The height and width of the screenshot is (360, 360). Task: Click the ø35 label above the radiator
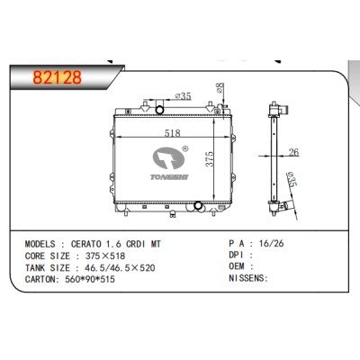[x=183, y=96]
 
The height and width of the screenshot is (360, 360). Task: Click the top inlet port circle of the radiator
[x=160, y=110]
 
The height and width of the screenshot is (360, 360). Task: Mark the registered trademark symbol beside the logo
[x=184, y=150]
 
